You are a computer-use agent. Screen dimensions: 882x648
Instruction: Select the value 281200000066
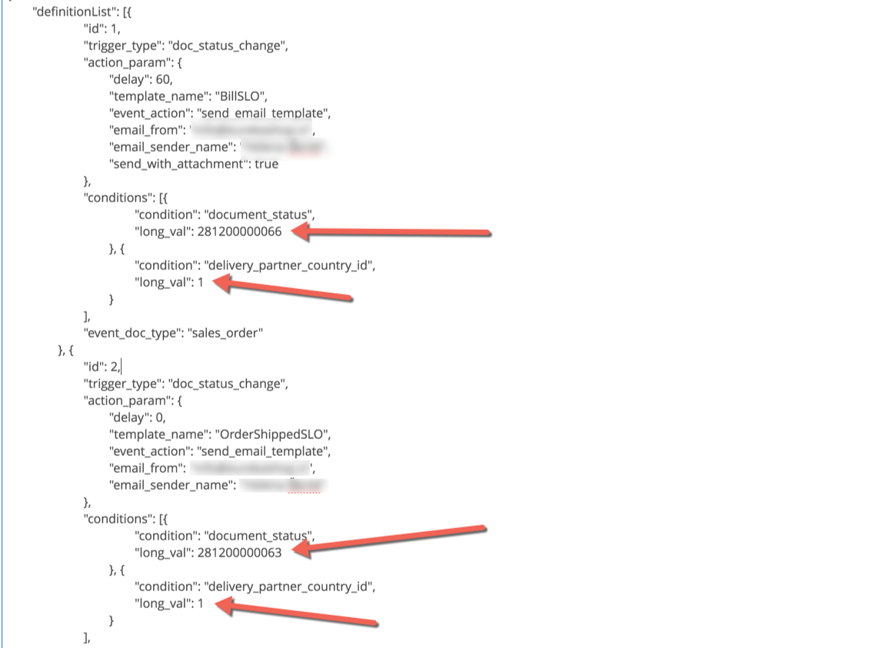tap(240, 231)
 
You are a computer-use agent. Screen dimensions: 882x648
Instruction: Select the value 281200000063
tap(240, 552)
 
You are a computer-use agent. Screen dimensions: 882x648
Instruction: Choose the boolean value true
tap(266, 164)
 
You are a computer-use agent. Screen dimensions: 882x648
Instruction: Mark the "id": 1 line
tap(102, 28)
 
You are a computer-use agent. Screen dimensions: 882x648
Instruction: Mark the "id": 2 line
tap(102, 366)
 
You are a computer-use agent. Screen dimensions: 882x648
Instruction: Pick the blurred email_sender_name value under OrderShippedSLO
tap(284, 484)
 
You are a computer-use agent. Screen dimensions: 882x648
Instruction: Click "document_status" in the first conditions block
tap(259, 214)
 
